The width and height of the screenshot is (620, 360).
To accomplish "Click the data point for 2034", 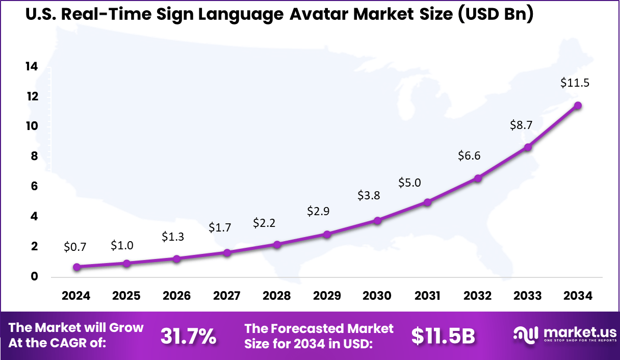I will (578, 106).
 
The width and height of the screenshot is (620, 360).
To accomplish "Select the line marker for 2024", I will (77, 267).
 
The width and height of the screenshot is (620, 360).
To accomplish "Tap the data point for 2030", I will (377, 220).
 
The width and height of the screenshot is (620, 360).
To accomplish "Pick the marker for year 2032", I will (478, 178).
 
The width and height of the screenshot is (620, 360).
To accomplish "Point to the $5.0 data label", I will (410, 183).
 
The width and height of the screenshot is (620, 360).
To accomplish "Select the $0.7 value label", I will (75, 247).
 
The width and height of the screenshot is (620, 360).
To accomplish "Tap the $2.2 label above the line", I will (265, 223).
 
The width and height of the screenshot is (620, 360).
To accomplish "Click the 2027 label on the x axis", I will (226, 296).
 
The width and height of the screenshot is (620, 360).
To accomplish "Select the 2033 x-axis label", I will (528, 296).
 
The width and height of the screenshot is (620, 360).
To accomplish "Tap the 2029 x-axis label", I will (327, 296).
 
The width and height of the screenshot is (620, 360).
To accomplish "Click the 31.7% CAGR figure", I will (188, 336).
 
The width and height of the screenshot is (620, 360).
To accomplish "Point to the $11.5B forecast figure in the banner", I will (443, 336).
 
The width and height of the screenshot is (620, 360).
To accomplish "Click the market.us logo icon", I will (526, 335).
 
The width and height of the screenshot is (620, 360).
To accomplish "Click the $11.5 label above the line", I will (575, 83).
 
